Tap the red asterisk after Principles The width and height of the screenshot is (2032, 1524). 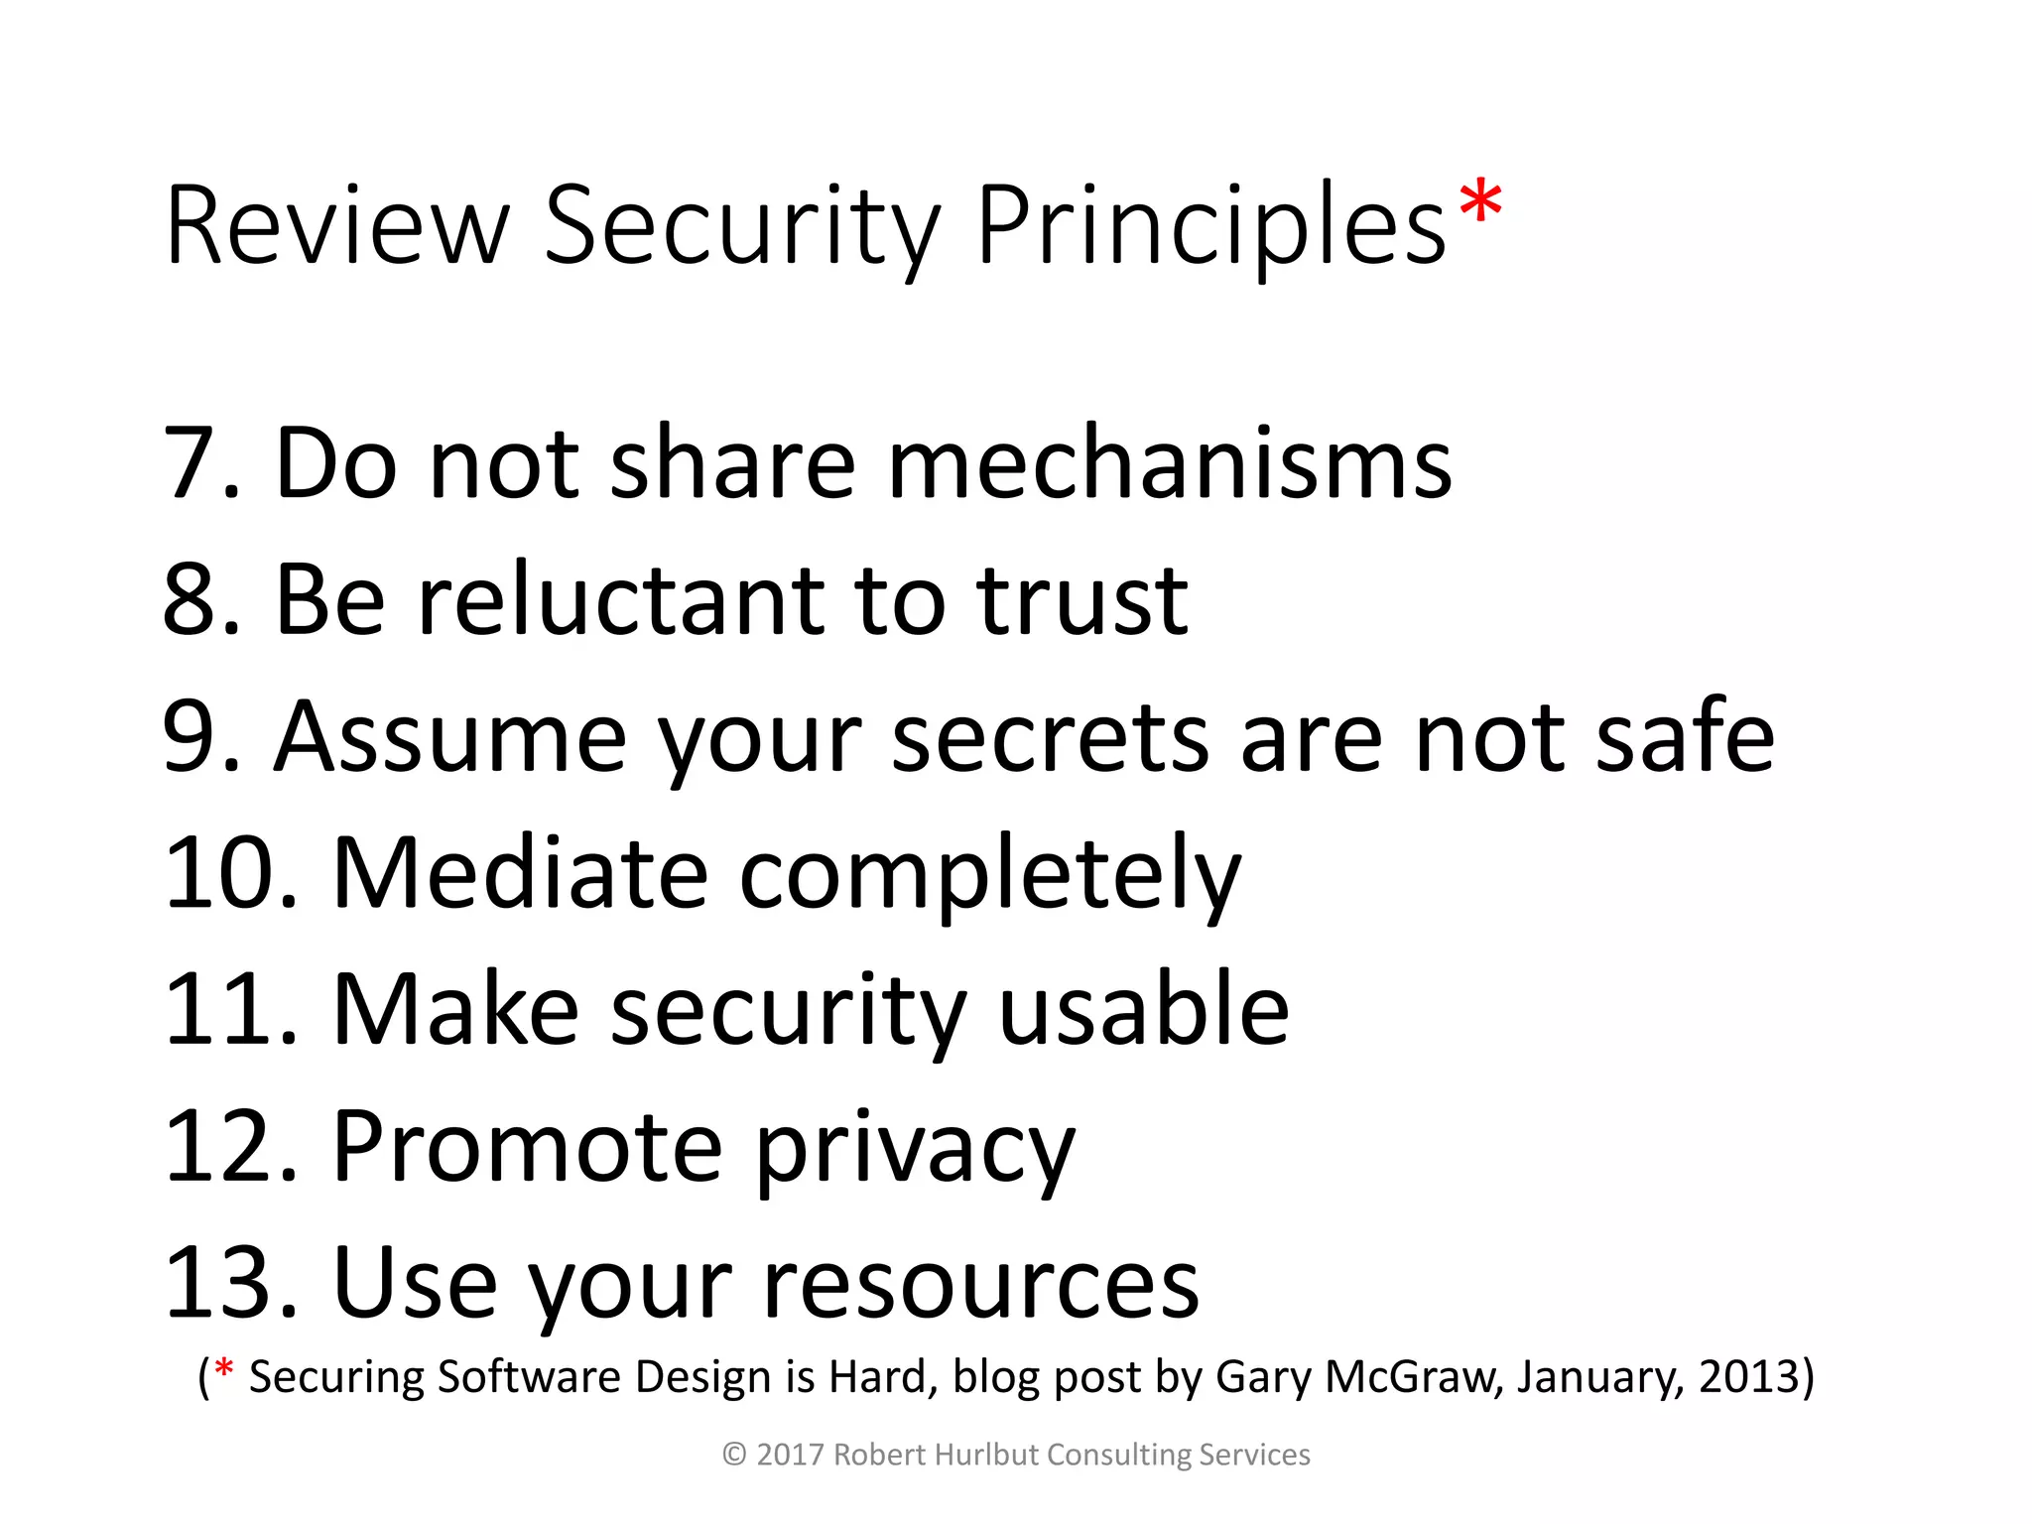1480,204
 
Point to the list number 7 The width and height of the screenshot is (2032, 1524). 190,463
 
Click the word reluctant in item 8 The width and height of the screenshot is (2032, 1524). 620,600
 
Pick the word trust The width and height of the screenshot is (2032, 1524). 1081,600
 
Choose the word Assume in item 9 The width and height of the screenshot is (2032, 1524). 450,737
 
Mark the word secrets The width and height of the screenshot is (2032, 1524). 1050,737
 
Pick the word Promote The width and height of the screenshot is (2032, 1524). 527,1147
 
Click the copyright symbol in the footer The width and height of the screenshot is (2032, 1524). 734,1455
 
